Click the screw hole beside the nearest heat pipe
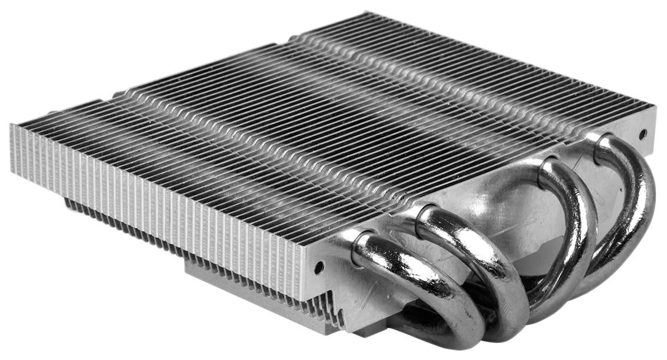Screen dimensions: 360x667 [319, 268]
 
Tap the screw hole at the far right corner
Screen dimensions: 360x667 [643, 134]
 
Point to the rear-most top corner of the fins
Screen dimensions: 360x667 [365, 13]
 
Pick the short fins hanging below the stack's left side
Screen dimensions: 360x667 [118, 224]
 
